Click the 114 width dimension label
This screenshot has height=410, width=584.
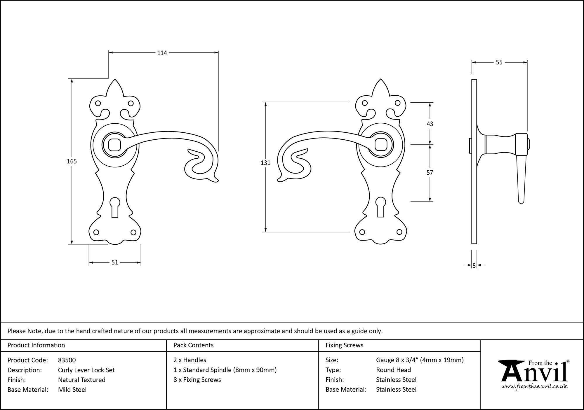162,53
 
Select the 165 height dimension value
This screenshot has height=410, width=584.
72,161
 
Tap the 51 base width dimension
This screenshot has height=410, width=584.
115,262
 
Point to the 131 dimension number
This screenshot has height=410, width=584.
265,163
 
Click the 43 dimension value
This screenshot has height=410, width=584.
430,124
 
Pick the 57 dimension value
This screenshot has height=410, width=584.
430,173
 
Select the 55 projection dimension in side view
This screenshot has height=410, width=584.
499,62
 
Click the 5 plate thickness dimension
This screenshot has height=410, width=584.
474,265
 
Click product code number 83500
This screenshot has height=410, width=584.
67,360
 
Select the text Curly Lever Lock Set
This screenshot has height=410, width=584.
86,370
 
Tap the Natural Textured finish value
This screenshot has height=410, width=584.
82,380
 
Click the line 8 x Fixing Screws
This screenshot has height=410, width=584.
197,380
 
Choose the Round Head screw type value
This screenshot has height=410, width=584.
393,370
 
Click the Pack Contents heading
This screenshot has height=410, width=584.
193,345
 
